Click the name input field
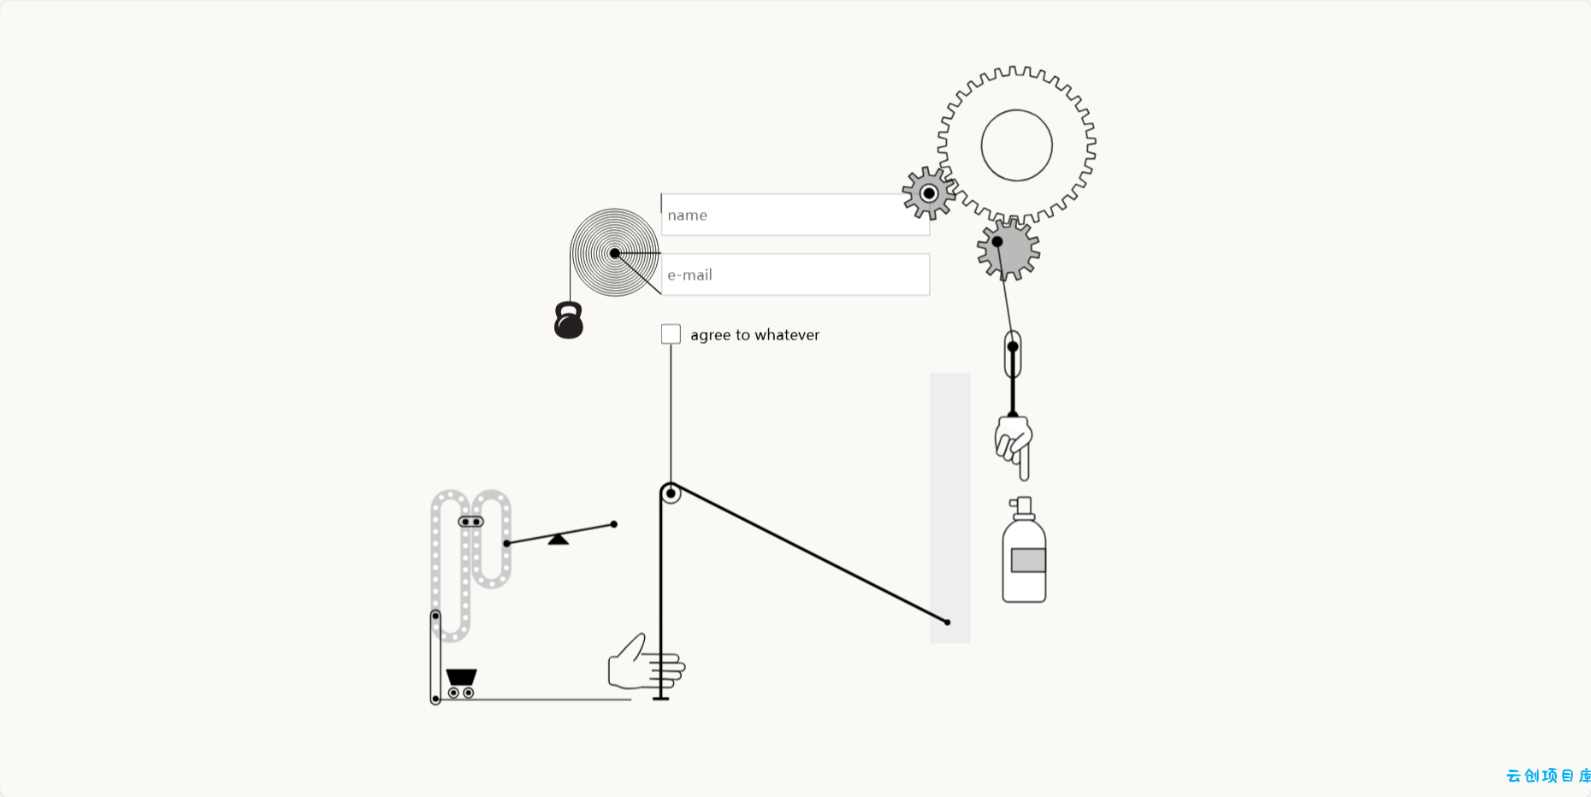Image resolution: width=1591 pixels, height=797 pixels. click(795, 215)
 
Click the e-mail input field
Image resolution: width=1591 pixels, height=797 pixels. click(795, 275)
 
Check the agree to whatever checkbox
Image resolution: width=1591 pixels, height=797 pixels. click(671, 334)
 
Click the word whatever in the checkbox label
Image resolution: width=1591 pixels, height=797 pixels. click(787, 335)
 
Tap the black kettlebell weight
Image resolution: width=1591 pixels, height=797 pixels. click(569, 321)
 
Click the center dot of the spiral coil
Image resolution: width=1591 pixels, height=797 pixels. click(615, 253)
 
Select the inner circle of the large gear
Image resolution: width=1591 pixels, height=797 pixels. click(1016, 145)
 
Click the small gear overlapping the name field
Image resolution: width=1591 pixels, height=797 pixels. click(929, 193)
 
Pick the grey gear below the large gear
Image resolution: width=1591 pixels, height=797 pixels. click(1008, 250)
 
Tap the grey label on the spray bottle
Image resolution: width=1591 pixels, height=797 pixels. click(1028, 560)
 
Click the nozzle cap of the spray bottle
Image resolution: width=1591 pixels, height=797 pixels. click(1021, 507)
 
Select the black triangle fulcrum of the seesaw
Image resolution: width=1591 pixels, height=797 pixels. click(559, 539)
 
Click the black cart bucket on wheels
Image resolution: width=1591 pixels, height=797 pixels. click(461, 682)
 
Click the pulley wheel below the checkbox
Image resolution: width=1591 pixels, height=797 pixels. click(671, 493)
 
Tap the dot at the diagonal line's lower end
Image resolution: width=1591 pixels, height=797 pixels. click(947, 623)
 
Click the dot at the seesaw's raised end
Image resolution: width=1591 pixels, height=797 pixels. click(613, 524)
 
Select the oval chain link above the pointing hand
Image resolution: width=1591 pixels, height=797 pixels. click(1013, 354)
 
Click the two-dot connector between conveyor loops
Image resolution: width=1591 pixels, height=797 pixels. click(471, 522)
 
